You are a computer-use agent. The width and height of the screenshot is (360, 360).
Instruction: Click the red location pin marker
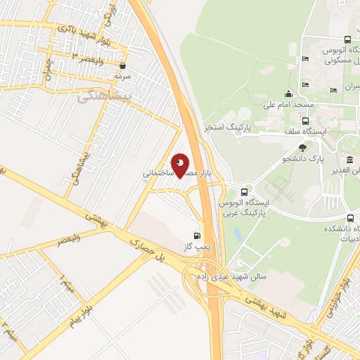180,165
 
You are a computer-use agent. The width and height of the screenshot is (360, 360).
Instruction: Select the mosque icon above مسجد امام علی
288,94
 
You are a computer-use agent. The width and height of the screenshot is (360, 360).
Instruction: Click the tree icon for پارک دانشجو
302,148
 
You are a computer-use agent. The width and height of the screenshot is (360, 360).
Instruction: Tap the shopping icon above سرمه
123,66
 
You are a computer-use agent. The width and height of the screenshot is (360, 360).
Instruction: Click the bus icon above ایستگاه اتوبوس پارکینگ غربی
244,192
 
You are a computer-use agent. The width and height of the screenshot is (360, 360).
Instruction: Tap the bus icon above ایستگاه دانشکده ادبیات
349,217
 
